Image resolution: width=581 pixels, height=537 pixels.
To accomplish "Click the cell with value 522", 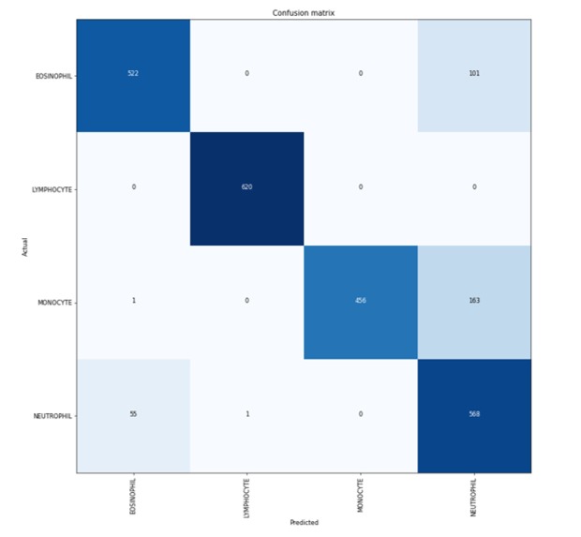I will [x=133, y=75].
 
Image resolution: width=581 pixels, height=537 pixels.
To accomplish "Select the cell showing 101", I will [x=474, y=75].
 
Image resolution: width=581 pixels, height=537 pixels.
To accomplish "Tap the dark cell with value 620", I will [x=247, y=188].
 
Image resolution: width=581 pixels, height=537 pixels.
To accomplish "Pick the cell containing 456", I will [x=361, y=302].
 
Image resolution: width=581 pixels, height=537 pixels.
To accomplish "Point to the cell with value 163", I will [x=474, y=302].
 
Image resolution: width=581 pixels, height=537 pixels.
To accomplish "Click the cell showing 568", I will [x=474, y=415].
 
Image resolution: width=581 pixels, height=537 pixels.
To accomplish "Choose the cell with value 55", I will [x=133, y=415].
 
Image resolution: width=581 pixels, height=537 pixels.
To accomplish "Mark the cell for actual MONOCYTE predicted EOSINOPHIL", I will [x=133, y=302].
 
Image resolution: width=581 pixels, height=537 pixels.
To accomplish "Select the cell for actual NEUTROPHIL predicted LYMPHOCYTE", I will [x=247, y=415].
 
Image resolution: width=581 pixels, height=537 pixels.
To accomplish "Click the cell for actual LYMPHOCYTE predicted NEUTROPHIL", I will [x=474, y=188].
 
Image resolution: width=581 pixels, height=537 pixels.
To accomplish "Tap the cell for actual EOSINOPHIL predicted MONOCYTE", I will [x=361, y=75].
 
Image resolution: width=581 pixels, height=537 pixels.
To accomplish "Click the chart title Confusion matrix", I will [x=304, y=11].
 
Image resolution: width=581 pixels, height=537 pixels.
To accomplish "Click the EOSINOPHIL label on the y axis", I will [x=53, y=75].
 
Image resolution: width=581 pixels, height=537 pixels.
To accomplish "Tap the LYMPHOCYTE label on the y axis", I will [x=52, y=188].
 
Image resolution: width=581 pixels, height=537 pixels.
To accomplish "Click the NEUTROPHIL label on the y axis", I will [x=53, y=415].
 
